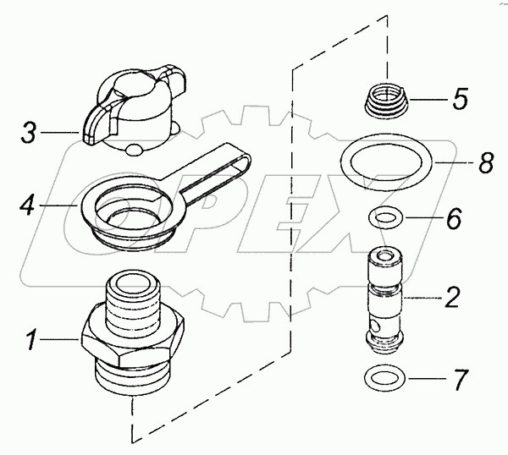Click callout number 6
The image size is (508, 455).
pyautogui.click(x=454, y=220)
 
